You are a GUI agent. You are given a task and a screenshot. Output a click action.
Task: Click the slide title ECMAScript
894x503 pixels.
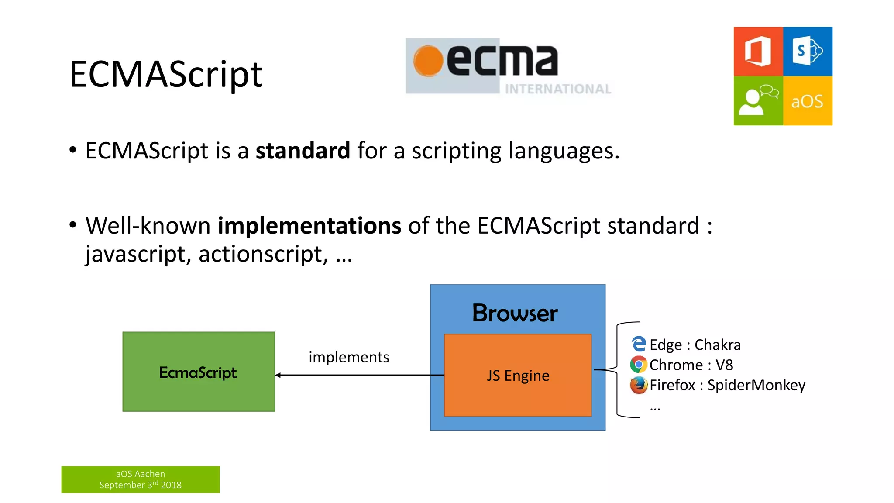[x=166, y=74]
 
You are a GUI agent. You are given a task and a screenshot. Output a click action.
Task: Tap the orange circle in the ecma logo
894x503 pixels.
[x=428, y=61]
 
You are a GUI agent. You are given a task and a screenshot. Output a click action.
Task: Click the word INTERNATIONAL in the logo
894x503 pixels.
[x=557, y=89]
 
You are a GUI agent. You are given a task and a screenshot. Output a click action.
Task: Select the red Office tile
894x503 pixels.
[x=758, y=52]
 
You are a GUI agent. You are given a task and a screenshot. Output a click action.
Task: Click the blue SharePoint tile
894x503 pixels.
[x=808, y=52]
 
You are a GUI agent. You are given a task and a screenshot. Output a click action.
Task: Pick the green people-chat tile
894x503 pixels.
[x=758, y=101]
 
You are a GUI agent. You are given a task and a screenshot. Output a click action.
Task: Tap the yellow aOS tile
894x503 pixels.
[x=808, y=101]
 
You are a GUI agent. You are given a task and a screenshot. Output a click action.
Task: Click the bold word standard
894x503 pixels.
[x=303, y=151]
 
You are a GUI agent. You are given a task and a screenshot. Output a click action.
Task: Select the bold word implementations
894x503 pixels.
[x=309, y=226]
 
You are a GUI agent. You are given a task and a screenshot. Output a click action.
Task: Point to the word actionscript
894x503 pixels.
[x=260, y=254]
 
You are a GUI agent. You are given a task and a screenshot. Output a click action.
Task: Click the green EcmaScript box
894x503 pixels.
[x=199, y=372]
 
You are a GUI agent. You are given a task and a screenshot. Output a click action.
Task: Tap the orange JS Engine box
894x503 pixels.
[x=518, y=376]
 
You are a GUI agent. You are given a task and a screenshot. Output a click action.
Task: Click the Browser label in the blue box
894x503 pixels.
[x=515, y=313]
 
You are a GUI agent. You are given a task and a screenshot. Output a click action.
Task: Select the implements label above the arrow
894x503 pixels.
[x=349, y=357]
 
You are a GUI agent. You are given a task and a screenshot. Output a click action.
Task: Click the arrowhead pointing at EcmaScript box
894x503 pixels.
[x=278, y=375]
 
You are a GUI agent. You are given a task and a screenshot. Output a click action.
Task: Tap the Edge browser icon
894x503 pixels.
[x=639, y=344]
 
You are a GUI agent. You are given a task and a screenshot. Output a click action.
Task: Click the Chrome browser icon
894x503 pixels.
[x=638, y=364]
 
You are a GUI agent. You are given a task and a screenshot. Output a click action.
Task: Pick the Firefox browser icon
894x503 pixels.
[x=638, y=385]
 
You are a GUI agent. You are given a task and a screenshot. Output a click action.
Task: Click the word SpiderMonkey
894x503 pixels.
[x=756, y=385]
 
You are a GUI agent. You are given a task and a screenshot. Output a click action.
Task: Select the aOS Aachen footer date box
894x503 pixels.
[x=141, y=479]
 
